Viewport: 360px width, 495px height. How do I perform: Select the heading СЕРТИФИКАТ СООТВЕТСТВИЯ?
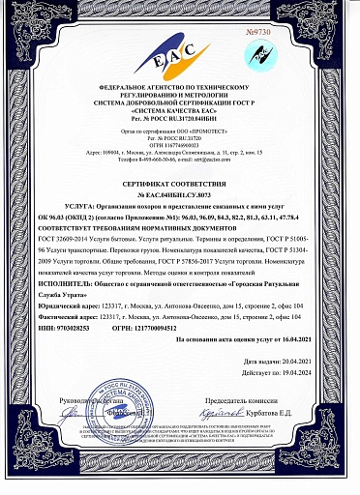click(x=179, y=183)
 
